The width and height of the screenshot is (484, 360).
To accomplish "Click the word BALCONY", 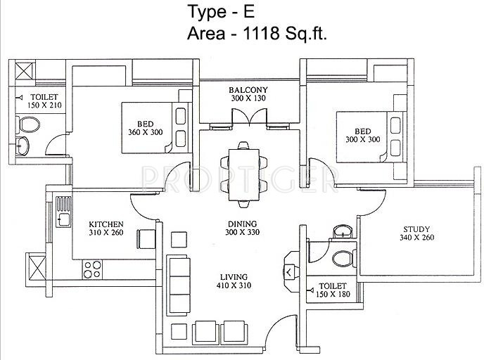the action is pyautogui.click(x=248, y=90).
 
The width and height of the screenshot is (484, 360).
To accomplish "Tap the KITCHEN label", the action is pyautogui.click(x=106, y=224).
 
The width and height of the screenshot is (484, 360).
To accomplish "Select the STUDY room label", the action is pyautogui.click(x=416, y=229).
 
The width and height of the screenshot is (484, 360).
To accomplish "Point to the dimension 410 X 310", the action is pyautogui.click(x=234, y=285).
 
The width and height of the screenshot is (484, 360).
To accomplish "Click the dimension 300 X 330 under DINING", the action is pyautogui.click(x=242, y=232).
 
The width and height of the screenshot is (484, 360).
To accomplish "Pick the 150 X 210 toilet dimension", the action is pyautogui.click(x=44, y=105).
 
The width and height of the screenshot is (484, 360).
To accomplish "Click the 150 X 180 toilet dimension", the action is pyautogui.click(x=333, y=294).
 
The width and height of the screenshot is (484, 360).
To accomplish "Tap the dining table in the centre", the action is pyautogui.click(x=244, y=174).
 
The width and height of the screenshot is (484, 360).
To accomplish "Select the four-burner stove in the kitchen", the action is pyautogui.click(x=92, y=269).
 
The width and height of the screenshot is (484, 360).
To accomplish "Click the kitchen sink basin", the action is pyautogui.click(x=64, y=219).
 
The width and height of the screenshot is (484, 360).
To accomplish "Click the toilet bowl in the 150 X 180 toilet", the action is pyautogui.click(x=344, y=259).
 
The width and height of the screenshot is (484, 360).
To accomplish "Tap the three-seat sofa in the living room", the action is pyautogui.click(x=179, y=285).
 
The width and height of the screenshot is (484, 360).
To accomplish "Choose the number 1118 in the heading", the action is pyautogui.click(x=262, y=33).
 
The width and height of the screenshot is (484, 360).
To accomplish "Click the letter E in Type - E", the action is pyautogui.click(x=249, y=12).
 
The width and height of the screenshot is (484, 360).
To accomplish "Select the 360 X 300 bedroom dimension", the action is pyautogui.click(x=146, y=132).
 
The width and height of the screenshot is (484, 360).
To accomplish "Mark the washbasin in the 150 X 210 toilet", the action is pyautogui.click(x=23, y=146).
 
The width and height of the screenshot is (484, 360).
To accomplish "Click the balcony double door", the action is pyautogui.click(x=249, y=117).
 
